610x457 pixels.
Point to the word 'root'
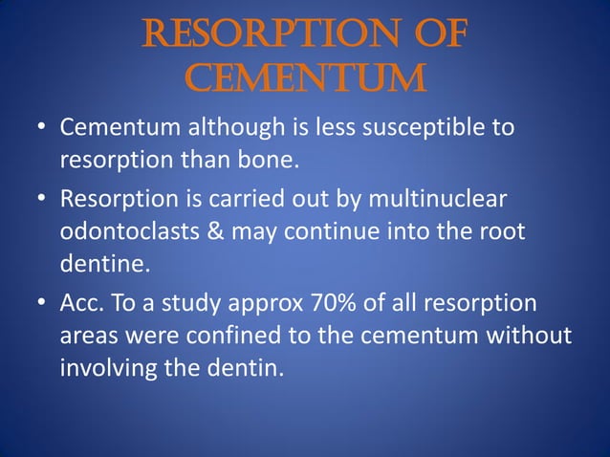tap(503, 232)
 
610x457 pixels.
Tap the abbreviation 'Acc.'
tap(80, 305)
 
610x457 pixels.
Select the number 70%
tap(336, 305)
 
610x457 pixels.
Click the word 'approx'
tap(268, 305)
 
